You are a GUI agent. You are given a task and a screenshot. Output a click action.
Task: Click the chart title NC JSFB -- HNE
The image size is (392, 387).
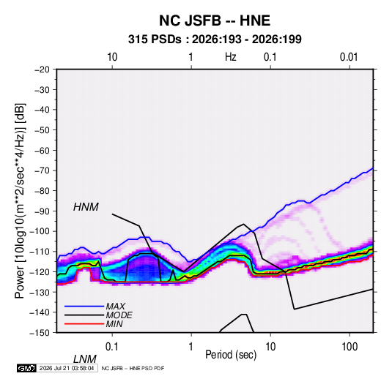click(x=215, y=20)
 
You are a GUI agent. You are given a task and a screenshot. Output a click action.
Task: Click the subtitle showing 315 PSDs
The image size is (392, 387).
click(x=215, y=40)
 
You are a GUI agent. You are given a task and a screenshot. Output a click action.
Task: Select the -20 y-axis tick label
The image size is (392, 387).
click(x=42, y=69)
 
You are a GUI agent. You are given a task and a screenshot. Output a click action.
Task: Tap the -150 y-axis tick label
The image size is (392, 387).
click(x=40, y=333)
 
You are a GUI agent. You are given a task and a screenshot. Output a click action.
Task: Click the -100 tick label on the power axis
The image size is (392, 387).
click(x=40, y=231)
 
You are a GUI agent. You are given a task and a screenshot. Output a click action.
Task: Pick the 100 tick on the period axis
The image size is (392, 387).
click(x=350, y=347)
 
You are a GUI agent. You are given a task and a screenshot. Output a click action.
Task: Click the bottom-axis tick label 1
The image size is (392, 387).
click(x=191, y=347)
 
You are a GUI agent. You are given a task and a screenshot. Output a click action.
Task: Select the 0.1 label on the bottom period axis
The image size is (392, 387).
click(x=112, y=347)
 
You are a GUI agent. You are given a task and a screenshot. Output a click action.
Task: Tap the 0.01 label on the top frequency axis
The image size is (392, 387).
click(x=349, y=57)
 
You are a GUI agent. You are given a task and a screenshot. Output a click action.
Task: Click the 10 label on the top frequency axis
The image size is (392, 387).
click(x=112, y=57)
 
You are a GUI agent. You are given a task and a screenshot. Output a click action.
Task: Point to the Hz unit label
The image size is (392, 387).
click(x=231, y=57)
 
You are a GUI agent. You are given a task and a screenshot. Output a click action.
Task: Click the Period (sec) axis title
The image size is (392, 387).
click(x=231, y=355)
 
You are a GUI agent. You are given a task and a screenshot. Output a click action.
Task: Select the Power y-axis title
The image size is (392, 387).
click(x=20, y=200)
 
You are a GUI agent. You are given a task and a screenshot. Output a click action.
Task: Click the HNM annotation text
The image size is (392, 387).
click(x=86, y=207)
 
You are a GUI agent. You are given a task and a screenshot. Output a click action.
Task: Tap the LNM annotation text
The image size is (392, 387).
click(x=85, y=359)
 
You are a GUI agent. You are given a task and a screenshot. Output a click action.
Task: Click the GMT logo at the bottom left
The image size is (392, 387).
click(x=26, y=368)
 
